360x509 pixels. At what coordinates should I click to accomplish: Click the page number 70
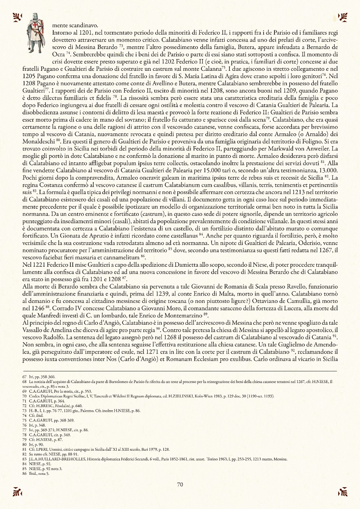180,485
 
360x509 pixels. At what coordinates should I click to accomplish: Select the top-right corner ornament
343,17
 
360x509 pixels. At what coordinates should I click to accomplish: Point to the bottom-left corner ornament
17,492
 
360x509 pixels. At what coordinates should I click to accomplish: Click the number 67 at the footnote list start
24,376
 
